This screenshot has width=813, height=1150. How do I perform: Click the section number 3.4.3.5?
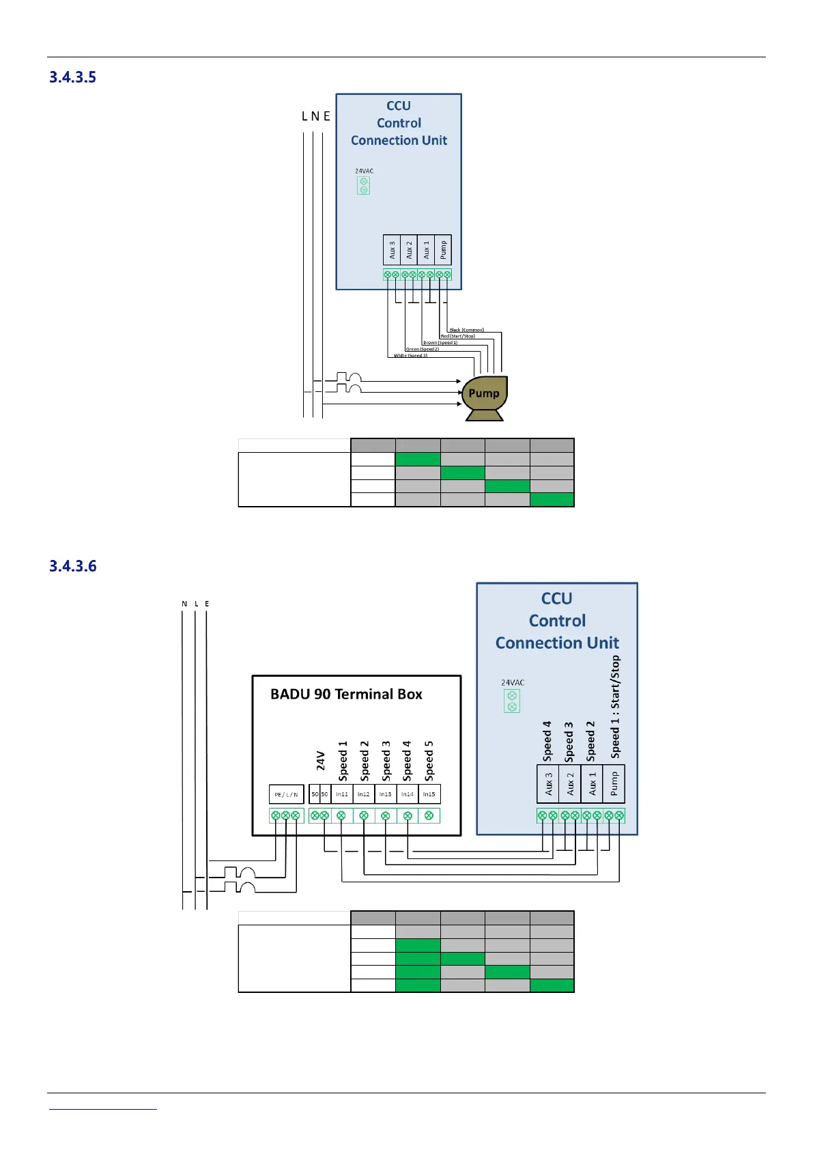[72, 77]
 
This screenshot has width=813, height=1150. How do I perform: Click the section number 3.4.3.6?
[72, 566]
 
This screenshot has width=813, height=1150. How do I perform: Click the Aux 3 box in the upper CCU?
[392, 250]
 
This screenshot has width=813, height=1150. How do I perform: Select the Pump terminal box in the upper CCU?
[443, 250]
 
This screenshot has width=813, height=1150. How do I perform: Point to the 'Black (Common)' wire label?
[466, 330]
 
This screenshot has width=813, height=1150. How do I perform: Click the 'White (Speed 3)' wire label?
[410, 356]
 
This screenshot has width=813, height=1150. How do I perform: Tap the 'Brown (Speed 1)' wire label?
[440, 343]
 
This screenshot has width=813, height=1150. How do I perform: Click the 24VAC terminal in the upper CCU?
[364, 185]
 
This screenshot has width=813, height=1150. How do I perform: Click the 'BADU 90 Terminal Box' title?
[346, 695]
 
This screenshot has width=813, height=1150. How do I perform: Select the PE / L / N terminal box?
[286, 794]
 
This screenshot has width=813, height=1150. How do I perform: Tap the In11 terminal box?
[341, 794]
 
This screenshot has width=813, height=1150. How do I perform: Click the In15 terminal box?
[429, 794]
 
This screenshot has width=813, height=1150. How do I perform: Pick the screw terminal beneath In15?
[429, 815]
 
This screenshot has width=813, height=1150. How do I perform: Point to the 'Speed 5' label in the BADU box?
[429, 761]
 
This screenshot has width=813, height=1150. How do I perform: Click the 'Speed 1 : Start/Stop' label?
[615, 707]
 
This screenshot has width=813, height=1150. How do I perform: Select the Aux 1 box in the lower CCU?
[592, 784]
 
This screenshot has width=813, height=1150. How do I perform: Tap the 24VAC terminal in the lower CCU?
[512, 701]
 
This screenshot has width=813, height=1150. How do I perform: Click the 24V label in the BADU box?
[320, 761]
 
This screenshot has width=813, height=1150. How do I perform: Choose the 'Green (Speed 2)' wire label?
[423, 349]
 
